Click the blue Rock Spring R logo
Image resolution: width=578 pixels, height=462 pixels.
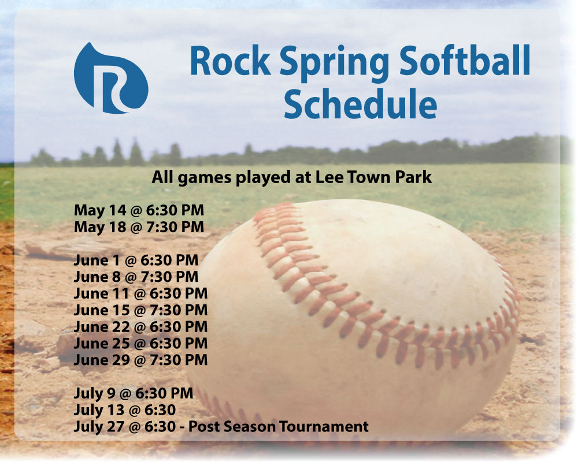110,79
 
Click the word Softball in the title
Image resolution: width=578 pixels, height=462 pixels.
465,61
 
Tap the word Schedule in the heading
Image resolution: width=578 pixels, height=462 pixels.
360,103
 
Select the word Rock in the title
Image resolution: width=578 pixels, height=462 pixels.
231,61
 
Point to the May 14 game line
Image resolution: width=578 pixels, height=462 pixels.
139,210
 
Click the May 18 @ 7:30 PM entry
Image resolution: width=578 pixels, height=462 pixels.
139,227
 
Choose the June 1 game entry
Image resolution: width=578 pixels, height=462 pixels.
136,260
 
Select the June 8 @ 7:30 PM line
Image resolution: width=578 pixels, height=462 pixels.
136,277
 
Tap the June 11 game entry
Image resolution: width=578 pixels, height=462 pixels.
141,293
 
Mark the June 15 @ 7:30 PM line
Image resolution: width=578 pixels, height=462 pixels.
141,310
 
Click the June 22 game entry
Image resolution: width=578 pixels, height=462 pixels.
141,327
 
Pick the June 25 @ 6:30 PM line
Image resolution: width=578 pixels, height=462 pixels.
141,344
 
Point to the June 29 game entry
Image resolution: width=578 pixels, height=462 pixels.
141,360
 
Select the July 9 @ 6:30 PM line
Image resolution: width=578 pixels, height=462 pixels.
134,393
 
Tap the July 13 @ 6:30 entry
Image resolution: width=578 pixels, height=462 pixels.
125,410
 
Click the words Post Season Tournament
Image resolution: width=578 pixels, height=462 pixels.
279,427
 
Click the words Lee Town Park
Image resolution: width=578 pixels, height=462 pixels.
374,177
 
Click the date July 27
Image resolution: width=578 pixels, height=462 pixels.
99,427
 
